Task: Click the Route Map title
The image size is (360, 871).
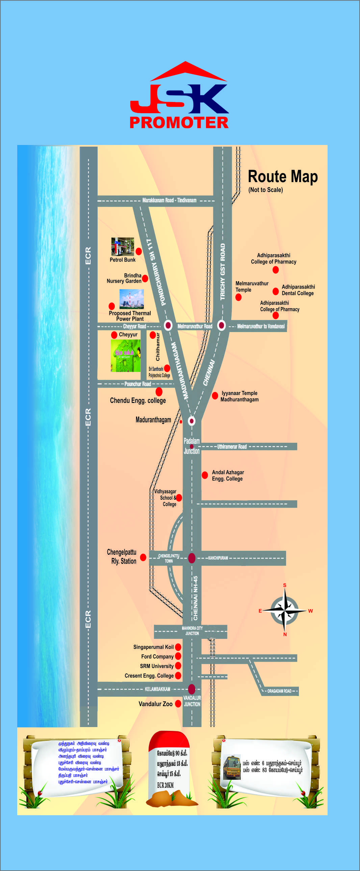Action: click(283, 176)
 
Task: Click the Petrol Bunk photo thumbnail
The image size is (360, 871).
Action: click(122, 246)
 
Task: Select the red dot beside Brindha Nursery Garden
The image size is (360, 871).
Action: click(145, 278)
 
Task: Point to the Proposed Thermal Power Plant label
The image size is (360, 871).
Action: click(130, 316)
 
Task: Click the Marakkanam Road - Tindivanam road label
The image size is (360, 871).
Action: click(169, 200)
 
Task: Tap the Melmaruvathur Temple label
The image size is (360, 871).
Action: click(252, 287)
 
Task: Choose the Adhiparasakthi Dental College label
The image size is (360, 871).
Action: click(298, 290)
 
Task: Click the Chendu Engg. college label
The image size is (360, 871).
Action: click(138, 400)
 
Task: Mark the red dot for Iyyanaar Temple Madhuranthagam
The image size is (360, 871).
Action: click(215, 396)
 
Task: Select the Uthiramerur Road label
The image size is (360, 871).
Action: click(232, 446)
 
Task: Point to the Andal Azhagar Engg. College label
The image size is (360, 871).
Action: click(228, 475)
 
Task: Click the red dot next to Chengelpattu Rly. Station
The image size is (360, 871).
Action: click(143, 557)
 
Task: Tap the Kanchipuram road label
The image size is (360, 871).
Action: click(218, 558)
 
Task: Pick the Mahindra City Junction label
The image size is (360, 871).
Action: click(192, 630)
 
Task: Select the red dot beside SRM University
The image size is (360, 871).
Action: click(178, 666)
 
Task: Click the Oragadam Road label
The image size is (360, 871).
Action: click(279, 691)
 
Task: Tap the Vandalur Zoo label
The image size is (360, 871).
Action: click(155, 704)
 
